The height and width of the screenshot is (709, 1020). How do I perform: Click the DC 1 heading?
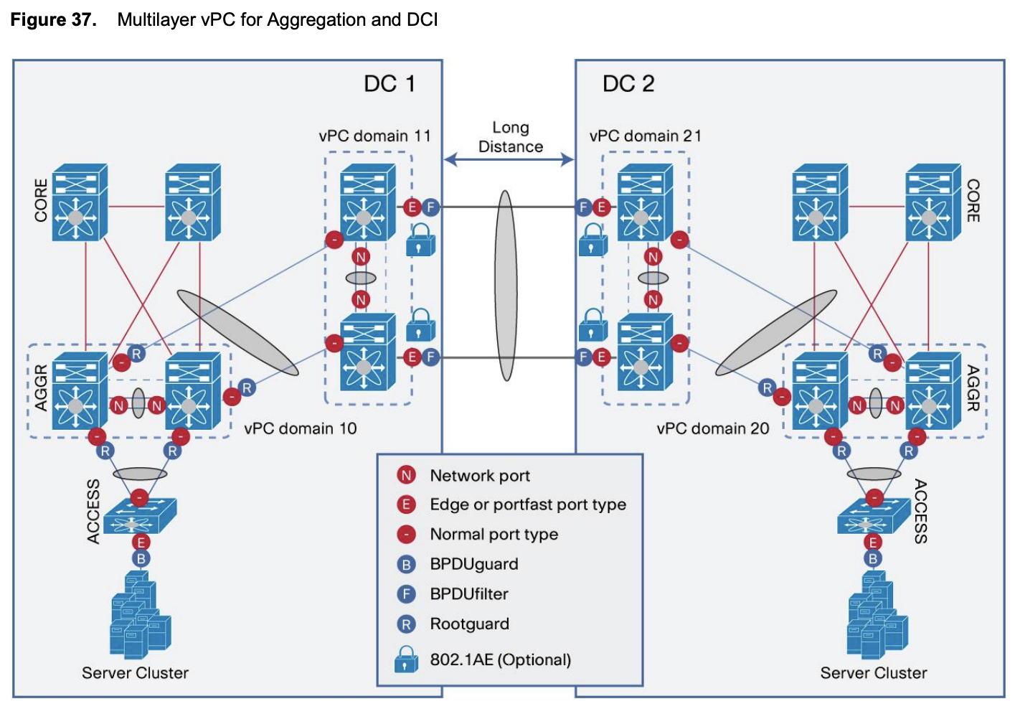[x=389, y=84]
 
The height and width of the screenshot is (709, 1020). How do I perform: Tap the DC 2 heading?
[x=628, y=84]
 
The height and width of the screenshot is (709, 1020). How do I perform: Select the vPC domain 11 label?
[x=374, y=136]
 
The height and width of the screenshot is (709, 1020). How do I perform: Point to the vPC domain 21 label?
[x=645, y=136]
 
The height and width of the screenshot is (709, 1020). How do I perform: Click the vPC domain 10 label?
[x=300, y=428]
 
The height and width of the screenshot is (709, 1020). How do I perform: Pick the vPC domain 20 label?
[x=712, y=428]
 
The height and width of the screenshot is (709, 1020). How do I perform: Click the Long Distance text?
[x=510, y=137]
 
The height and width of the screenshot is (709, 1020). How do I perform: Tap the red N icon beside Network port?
[x=406, y=475]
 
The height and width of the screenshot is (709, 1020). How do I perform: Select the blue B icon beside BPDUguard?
[x=406, y=565]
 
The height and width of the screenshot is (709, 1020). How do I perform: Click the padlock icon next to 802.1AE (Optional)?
[x=406, y=659]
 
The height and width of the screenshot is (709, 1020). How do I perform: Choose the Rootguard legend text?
[x=469, y=624]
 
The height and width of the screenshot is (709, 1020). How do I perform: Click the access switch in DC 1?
[x=139, y=517]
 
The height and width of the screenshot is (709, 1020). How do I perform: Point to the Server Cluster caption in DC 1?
[x=135, y=673]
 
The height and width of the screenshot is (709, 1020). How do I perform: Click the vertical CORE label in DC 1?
[x=41, y=200]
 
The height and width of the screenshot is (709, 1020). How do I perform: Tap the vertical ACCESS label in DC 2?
[x=920, y=511]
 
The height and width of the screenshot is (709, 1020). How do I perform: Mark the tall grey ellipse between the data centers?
[x=506, y=285]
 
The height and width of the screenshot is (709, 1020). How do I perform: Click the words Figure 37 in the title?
[x=53, y=19]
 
